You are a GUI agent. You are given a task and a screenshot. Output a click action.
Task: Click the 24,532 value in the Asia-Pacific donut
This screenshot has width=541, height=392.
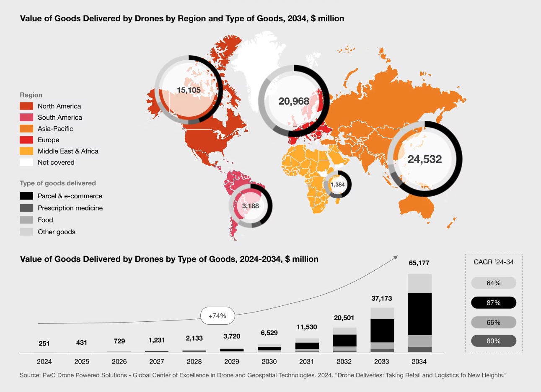pos(425,159)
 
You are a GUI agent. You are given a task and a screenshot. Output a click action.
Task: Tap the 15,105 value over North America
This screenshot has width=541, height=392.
pos(189,90)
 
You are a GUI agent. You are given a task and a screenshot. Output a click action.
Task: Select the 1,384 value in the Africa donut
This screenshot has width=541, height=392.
pos(338,184)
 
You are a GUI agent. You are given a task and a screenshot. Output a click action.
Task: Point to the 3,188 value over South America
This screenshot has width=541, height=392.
pos(251,206)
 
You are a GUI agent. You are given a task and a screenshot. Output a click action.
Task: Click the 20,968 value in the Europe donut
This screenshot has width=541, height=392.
pos(294,101)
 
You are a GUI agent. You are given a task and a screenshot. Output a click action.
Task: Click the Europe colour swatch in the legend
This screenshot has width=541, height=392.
pos(26,140)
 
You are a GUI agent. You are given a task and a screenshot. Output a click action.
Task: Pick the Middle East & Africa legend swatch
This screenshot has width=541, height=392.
pos(26,151)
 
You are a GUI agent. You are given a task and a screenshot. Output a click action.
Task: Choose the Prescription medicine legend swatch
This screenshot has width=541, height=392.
pos(26,208)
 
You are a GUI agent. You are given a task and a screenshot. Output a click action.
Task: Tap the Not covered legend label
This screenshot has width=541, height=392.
pos(56,163)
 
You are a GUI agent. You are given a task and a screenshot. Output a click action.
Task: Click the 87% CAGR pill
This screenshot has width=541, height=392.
pos(493,303)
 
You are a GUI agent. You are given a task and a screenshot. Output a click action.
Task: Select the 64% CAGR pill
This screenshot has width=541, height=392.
pos(493,283)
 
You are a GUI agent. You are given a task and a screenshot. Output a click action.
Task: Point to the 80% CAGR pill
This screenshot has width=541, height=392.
pos(493,341)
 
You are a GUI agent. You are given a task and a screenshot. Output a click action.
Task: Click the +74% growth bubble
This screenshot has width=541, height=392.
pos(217,316)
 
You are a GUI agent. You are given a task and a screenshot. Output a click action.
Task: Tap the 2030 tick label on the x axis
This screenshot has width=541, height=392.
pos(269,361)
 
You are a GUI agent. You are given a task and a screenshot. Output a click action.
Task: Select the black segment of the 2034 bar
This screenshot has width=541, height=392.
pos(419,314)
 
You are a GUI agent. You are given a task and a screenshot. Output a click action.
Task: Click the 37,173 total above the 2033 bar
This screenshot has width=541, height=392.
pos(382,298)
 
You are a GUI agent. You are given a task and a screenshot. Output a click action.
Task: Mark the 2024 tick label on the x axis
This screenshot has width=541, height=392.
pos(44,361)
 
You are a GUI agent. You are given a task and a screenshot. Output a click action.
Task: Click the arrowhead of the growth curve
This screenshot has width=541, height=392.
pos(396,257)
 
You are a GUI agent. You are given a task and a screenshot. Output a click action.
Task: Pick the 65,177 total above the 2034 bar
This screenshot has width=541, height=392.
pos(419,263)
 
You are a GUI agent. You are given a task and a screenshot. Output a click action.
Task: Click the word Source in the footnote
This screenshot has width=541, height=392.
pos(30,375)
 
